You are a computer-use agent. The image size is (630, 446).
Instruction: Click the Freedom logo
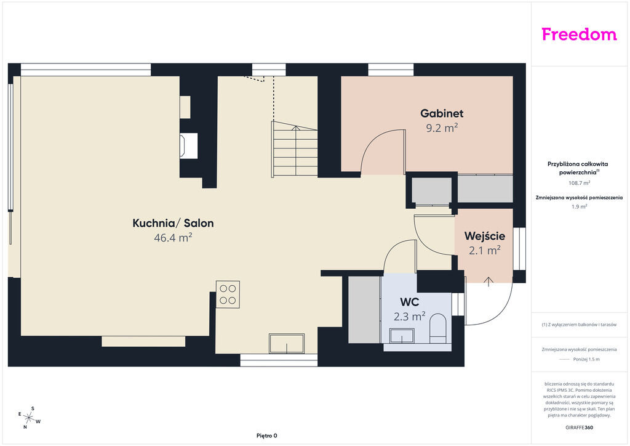coord(579,34)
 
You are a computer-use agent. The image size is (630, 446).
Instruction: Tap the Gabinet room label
coord(442,113)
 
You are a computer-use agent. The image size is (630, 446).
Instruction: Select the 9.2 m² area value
coord(442,128)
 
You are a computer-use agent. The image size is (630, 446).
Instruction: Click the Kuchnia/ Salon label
coord(173,223)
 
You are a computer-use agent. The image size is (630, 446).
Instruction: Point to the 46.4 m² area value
coord(173,238)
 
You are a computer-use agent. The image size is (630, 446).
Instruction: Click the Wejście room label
coord(485,236)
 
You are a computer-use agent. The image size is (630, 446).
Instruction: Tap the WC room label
coord(409,302)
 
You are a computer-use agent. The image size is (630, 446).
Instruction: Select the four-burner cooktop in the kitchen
coord(228,294)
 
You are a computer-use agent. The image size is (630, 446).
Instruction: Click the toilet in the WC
coord(438,328)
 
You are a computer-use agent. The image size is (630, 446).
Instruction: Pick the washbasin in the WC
coord(402,336)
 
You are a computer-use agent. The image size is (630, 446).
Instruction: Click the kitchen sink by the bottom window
coord(287,344)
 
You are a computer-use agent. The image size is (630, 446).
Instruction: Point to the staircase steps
coord(295,149)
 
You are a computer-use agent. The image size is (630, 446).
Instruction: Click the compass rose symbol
coord(29,418)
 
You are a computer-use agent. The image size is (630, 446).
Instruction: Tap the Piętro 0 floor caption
coord(267,436)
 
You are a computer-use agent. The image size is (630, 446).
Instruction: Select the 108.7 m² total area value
coord(579,183)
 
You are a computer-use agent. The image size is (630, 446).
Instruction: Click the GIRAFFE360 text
coord(579,428)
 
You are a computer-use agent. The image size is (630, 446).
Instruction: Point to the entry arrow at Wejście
coord(488,282)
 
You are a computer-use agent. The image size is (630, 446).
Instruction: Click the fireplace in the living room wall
coord(188,145)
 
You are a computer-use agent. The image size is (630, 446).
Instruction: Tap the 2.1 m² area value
coord(485,251)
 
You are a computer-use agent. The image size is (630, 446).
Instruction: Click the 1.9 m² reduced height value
coord(579,207)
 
